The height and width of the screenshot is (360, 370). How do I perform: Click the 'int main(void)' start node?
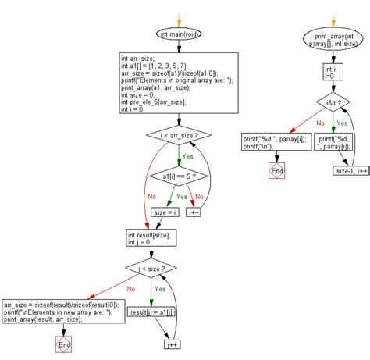(x=179, y=34)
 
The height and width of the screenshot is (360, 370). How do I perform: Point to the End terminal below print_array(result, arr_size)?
(x=63, y=344)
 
